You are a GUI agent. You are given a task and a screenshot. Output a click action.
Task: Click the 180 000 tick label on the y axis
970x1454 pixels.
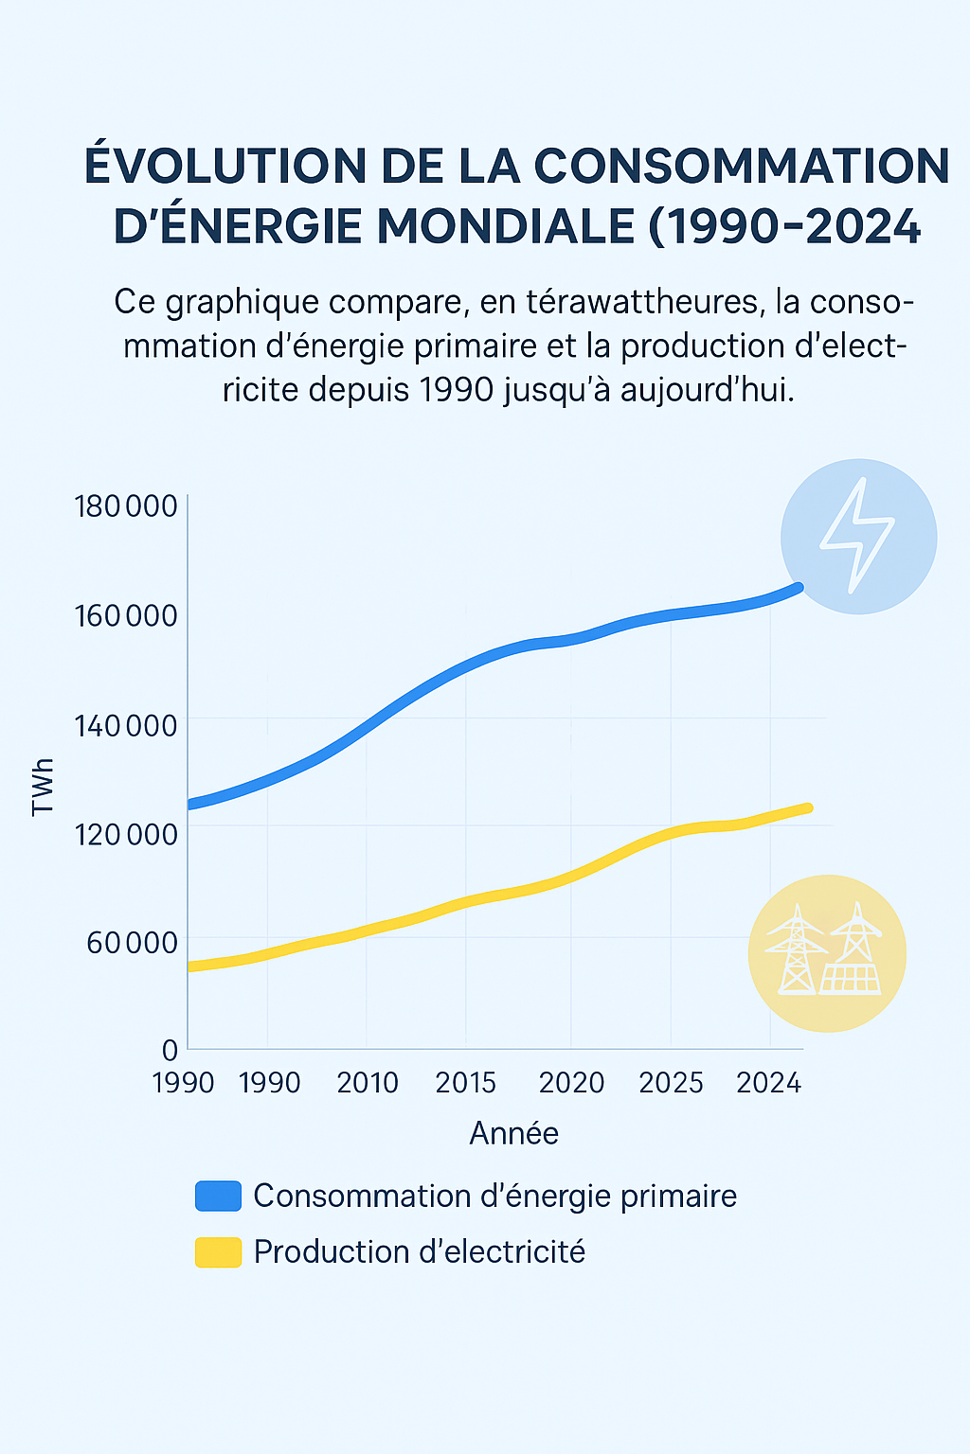(x=126, y=506)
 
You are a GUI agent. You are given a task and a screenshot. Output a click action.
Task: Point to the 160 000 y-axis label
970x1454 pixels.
(x=126, y=616)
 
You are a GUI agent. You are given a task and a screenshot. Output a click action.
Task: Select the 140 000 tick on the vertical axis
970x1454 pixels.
(x=126, y=726)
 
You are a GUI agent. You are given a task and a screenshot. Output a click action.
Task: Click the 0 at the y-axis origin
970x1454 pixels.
(x=170, y=1050)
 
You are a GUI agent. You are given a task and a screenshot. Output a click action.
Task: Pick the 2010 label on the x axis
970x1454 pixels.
(x=368, y=1083)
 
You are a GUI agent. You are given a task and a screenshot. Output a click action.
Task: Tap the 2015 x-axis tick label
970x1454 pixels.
(x=465, y=1083)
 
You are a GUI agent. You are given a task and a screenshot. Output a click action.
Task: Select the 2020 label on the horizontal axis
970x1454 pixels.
(x=571, y=1083)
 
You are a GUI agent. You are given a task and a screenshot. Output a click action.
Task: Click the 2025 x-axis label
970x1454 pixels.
(x=671, y=1083)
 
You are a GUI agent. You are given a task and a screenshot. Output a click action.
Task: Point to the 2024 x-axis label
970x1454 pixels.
(x=768, y=1083)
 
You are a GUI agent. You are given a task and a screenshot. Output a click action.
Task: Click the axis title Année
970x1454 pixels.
(x=514, y=1134)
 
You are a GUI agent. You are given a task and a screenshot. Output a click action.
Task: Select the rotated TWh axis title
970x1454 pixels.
(x=43, y=787)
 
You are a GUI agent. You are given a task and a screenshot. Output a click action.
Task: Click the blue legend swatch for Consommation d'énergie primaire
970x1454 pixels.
(x=218, y=1197)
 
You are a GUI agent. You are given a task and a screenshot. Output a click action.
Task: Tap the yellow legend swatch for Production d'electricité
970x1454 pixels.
(x=218, y=1252)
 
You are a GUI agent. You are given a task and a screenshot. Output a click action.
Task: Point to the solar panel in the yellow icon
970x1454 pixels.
(x=850, y=978)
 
